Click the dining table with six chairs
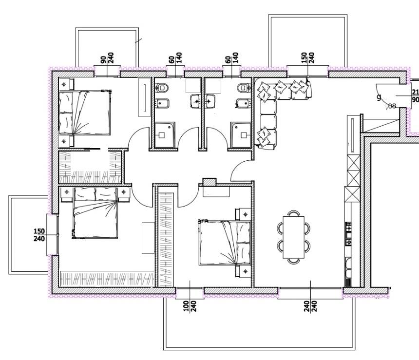[x=293, y=237]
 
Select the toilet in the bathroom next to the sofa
[x=242, y=88]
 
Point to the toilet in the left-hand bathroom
[x=163, y=88]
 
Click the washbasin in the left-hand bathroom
[x=196, y=101]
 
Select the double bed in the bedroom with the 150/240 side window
[x=95, y=213]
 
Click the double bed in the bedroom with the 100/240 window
[x=225, y=243]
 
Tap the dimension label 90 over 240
[x=107, y=59]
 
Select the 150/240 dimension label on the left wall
[x=39, y=235]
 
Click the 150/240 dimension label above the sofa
[x=308, y=58]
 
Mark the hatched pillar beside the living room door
[x=209, y=182]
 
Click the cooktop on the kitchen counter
[x=349, y=233]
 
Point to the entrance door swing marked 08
[x=387, y=95]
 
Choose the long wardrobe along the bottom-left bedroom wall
[x=106, y=278]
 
